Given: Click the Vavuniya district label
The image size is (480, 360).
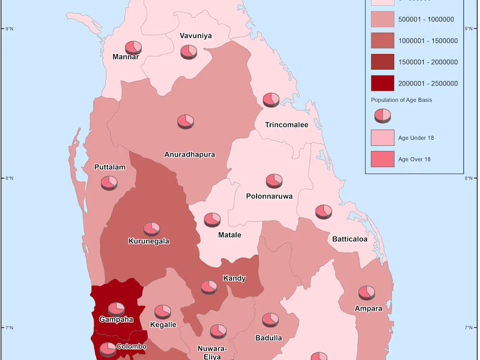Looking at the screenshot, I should (x=196, y=36).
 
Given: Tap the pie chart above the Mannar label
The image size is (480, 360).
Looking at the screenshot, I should (x=133, y=47).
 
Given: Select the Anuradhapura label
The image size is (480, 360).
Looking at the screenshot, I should (x=189, y=154).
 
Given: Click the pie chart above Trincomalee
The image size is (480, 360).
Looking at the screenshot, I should (x=271, y=99).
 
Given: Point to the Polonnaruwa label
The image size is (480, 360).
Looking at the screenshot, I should (x=269, y=196).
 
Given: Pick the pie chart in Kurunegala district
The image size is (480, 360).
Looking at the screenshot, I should (x=152, y=229).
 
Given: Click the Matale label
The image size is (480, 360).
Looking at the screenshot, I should (x=230, y=235).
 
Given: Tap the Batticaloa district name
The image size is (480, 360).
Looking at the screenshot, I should (x=350, y=239).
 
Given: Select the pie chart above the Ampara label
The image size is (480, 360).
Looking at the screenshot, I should (x=367, y=292).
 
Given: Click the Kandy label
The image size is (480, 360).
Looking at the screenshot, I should (x=234, y=278).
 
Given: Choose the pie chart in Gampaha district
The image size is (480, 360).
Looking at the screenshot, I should (x=117, y=309).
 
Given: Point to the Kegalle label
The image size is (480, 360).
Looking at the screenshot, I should (x=163, y=325).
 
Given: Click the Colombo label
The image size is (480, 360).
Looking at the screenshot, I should (x=131, y=347).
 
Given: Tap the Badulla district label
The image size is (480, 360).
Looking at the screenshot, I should (x=268, y=338).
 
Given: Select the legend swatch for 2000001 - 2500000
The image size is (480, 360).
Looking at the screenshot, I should (x=383, y=83).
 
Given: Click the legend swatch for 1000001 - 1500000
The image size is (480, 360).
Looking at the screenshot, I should (x=383, y=41).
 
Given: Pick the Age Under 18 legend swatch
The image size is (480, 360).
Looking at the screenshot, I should (x=383, y=138).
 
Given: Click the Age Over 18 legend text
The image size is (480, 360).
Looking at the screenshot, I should (x=414, y=159).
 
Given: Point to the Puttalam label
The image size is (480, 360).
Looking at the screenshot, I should (x=110, y=167).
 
